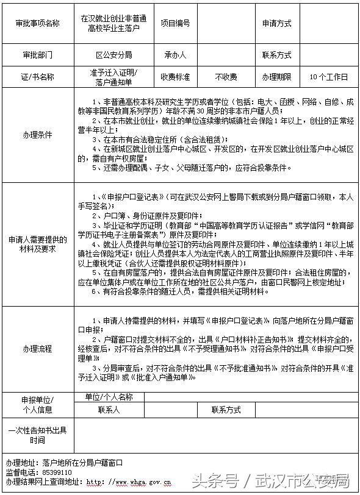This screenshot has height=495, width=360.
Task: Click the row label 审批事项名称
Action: pos(37,23)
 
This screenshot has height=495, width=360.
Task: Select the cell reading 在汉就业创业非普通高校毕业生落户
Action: pos(113,23)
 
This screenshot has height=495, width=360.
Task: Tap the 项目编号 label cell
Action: pos(175,23)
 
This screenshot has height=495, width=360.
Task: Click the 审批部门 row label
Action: pos(37,54)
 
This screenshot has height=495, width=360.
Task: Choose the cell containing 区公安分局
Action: pos(113,54)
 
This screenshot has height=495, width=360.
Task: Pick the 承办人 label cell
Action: pos(175,54)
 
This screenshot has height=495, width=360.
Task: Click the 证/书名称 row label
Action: pos(37,77)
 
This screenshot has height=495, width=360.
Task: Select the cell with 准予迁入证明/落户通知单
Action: pos(113,77)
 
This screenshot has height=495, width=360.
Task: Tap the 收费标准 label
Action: pos(175,77)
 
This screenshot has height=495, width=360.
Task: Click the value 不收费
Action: pos(226,77)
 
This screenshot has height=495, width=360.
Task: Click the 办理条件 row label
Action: pos(37,134)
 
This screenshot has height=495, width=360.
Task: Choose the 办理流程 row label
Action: pos(37,349)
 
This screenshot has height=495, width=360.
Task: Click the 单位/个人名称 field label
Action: pos(109,397)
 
